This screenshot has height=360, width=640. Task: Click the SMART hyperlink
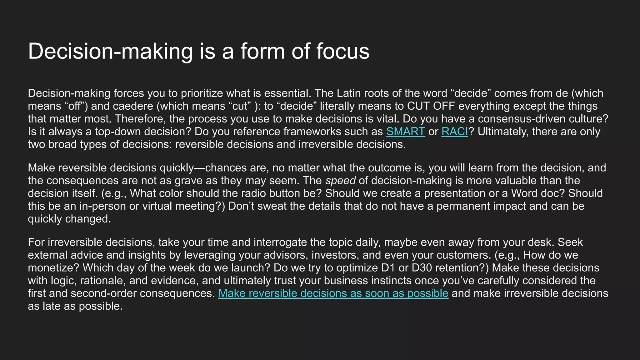point(405,132)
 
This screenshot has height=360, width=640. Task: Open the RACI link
point(455,132)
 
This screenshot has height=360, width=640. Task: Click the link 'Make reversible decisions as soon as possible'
point(333,293)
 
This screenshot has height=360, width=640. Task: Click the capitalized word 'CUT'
point(418,106)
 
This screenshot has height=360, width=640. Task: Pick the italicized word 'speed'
point(340,181)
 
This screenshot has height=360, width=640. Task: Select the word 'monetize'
point(53,268)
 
